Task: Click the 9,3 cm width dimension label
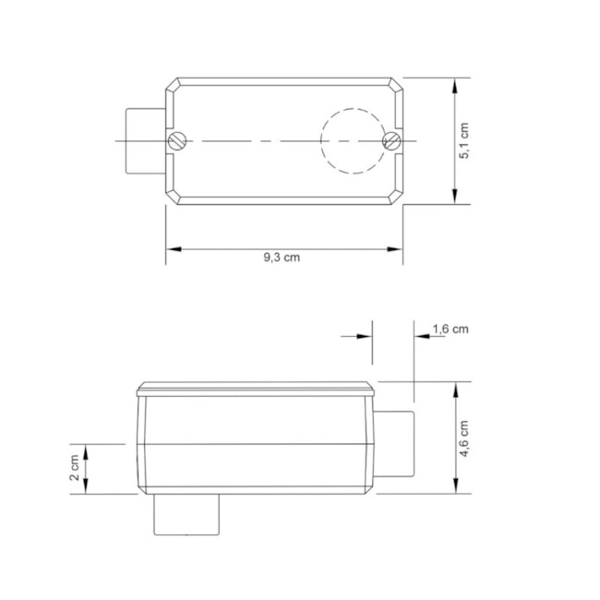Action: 282,258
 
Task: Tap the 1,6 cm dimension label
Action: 450,328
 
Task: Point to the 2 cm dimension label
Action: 75,469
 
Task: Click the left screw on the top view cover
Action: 177,140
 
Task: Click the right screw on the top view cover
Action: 391,140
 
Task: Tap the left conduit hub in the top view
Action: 144,140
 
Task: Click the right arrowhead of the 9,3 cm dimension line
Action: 397,248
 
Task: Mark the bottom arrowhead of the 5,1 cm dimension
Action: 456,197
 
